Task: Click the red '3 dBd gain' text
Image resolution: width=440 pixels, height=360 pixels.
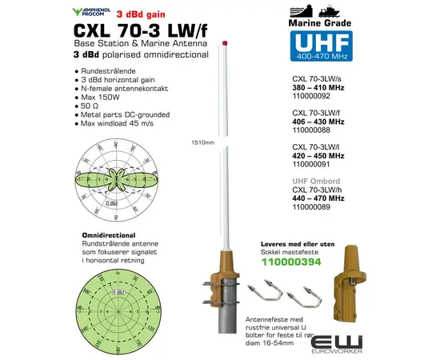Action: click(142, 14)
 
